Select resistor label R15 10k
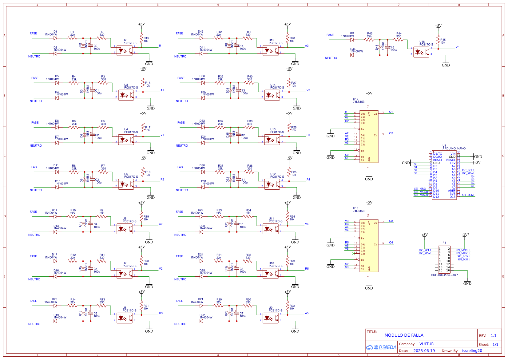146,40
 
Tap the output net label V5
457,47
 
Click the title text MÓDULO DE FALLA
404,335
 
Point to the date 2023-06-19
424,351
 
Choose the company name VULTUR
427,344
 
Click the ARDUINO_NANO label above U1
454,148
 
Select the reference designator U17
355,99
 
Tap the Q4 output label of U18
391,243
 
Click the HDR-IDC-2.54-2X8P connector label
444,275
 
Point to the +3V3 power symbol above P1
465,235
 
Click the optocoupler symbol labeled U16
421,52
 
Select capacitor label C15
391,48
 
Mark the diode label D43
351,33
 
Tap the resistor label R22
292,306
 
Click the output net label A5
307,313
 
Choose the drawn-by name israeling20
472,351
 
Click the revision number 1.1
493,336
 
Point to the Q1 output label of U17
391,112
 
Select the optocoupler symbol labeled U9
271,318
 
